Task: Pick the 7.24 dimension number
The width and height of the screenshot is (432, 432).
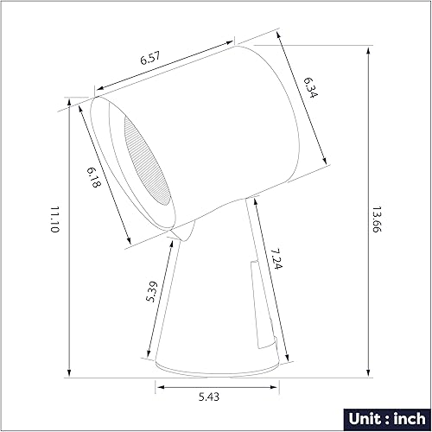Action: coord(276,260)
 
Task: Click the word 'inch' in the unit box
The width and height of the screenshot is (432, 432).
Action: coord(402,418)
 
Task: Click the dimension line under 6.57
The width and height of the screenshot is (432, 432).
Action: coord(164,63)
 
